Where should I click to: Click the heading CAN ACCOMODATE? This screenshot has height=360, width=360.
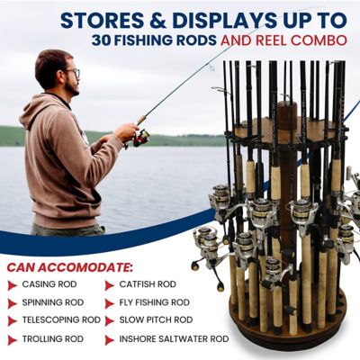[71, 266]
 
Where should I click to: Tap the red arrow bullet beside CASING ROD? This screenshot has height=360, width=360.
[14, 285]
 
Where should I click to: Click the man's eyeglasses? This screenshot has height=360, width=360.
[70, 75]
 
